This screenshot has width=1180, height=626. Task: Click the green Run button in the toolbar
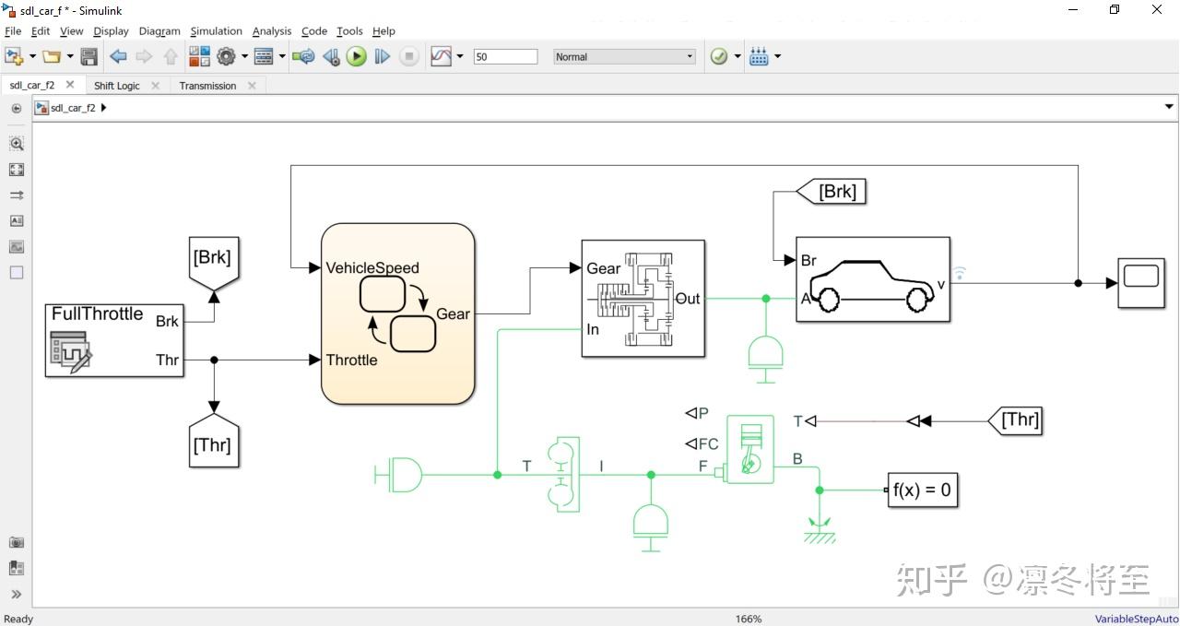(x=357, y=57)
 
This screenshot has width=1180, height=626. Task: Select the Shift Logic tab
(x=117, y=86)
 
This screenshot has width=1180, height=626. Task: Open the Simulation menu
(x=216, y=31)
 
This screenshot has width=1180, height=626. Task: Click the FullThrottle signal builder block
(x=114, y=340)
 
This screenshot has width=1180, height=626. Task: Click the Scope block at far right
(x=1141, y=283)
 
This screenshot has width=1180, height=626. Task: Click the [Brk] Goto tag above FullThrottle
(x=212, y=259)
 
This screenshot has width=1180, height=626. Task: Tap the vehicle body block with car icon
(x=872, y=279)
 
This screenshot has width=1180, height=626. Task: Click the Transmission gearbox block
(x=643, y=299)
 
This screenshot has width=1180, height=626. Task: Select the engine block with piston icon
(x=749, y=449)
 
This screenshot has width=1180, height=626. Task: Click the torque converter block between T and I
(x=562, y=475)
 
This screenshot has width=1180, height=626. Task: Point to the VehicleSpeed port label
(x=372, y=268)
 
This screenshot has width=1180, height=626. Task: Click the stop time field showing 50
(x=505, y=57)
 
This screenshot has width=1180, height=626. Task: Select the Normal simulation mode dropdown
(x=624, y=57)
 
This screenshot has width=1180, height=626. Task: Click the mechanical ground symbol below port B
(x=818, y=531)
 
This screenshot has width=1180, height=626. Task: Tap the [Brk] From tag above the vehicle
(x=831, y=192)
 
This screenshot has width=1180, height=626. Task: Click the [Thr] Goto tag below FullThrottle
(x=212, y=443)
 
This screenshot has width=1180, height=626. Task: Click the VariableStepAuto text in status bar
(x=1136, y=619)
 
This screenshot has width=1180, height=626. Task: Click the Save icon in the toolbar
(x=89, y=57)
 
